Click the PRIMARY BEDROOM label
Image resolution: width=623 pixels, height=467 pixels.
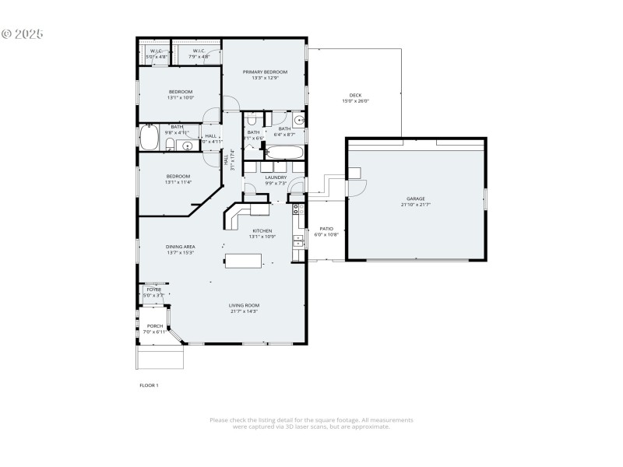point(265,72)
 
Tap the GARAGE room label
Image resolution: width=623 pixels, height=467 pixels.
point(415,198)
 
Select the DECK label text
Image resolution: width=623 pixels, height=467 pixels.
point(355,95)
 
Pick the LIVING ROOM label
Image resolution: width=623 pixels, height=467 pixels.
point(244,305)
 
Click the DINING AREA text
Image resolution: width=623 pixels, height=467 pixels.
point(180,247)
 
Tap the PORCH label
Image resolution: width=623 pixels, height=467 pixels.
point(155,326)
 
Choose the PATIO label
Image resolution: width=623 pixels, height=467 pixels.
point(326,228)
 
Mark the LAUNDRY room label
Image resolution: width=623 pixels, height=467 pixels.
point(276,177)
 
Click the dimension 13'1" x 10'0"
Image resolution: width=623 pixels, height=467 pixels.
point(180,98)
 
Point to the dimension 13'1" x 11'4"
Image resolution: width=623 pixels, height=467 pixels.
point(178,182)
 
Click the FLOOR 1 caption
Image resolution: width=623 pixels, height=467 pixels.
point(149,384)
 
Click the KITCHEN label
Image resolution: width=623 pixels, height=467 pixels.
point(262,230)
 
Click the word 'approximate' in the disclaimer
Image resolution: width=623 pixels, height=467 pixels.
point(372,427)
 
